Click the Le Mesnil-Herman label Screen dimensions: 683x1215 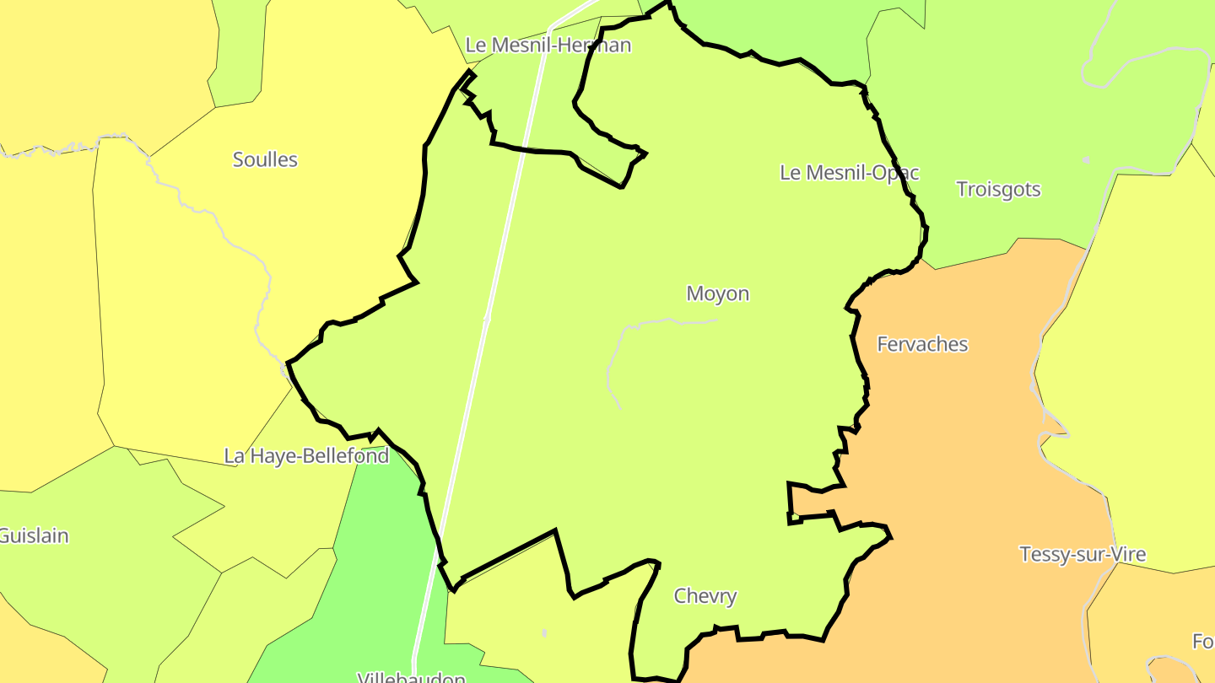[x=548, y=45]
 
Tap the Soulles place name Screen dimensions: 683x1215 [x=265, y=159]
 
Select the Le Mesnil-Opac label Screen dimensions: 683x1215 [x=849, y=173]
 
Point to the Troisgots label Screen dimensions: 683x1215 [x=998, y=189]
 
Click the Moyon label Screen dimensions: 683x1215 [x=717, y=293]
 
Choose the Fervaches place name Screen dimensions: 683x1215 [x=922, y=344]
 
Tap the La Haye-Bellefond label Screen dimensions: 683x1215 [x=306, y=456]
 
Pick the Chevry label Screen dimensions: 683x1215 [x=705, y=596]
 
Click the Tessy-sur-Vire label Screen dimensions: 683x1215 [x=1083, y=554]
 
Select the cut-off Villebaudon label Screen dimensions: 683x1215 [x=412, y=677]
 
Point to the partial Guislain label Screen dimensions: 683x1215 [x=34, y=535]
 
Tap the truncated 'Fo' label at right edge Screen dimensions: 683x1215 [x=1202, y=642]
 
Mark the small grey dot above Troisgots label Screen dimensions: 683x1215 [x=1086, y=159]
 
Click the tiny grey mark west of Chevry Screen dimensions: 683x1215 [x=544, y=632]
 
